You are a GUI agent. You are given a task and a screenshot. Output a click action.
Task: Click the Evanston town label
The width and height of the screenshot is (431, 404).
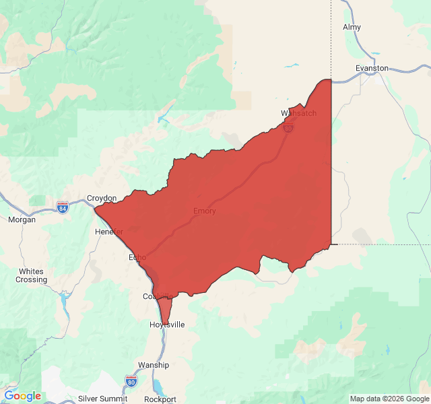pos(372,68)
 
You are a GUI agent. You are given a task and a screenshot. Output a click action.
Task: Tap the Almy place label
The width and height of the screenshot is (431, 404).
pos(352,27)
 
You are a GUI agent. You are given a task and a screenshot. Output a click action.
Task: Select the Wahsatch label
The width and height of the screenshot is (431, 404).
pos(298,112)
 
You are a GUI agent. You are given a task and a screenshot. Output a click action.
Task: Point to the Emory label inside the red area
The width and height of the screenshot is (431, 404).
pos(205,211)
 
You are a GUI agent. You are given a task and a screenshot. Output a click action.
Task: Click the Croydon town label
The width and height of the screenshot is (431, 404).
pos(102,198)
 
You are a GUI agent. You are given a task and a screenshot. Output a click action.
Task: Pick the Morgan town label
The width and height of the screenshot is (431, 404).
pos(22,220)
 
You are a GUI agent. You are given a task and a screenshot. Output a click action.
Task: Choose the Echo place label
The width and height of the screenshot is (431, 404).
pos(137,257)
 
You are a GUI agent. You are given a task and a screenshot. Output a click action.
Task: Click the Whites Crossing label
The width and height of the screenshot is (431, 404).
pos(32,275)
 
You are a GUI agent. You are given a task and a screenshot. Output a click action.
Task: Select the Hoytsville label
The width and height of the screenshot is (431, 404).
pos(166,325)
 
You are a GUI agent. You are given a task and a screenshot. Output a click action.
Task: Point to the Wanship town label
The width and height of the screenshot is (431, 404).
pos(153,364)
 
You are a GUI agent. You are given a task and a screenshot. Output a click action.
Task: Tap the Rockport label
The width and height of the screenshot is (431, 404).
pos(160,399)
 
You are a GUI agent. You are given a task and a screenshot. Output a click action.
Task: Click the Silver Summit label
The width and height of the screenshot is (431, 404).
pos(103,399)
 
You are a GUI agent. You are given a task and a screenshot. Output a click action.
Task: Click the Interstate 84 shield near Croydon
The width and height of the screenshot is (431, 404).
pos(63,207)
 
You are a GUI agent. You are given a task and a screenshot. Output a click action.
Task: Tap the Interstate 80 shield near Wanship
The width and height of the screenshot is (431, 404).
pos(131,382)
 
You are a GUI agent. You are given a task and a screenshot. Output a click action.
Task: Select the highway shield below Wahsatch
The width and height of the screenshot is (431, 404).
pos(288,128)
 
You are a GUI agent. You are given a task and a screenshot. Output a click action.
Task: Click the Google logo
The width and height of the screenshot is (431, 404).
pos(22,396)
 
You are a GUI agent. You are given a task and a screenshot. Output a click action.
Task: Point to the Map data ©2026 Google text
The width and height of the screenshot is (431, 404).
pos(389,399)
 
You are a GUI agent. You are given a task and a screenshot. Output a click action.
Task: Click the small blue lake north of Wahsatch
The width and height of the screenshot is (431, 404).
pos(292,66)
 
